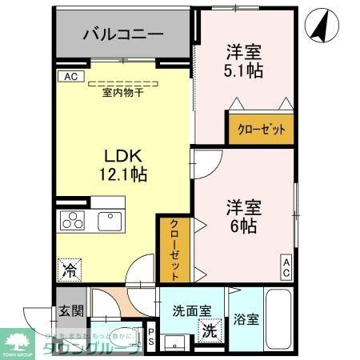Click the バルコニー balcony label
(x=123, y=35)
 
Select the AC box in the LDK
(x=69, y=77)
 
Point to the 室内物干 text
(x=122, y=93)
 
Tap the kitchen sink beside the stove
(x=107, y=219)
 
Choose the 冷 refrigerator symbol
(x=69, y=270)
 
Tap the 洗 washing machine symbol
(x=210, y=329)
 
